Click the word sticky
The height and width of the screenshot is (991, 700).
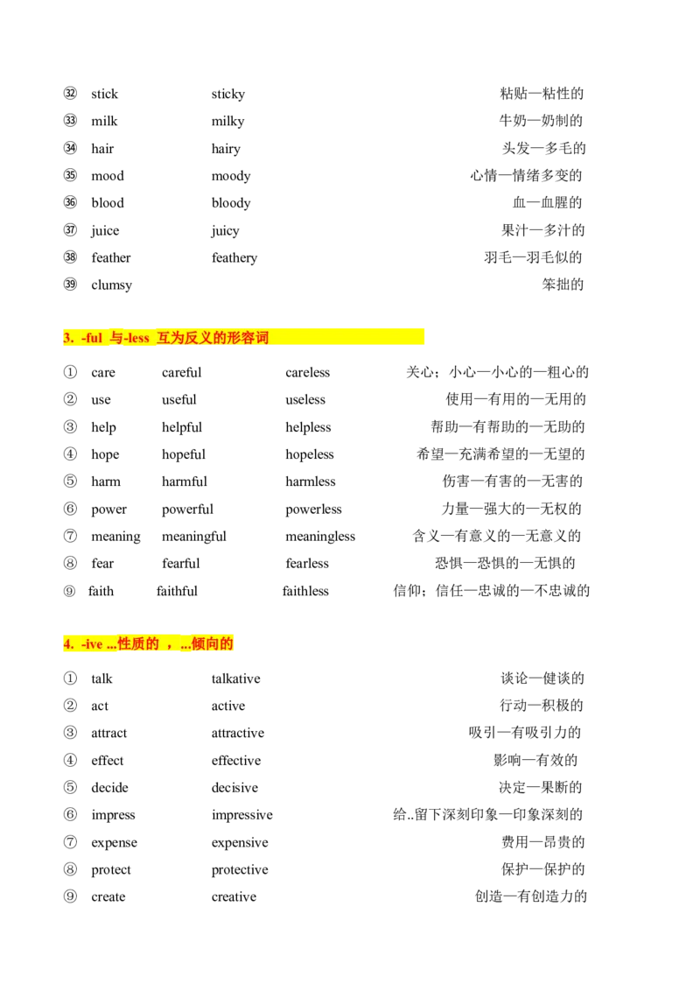(228, 95)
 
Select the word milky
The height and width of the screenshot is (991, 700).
(228, 122)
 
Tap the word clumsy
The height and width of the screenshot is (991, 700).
(112, 285)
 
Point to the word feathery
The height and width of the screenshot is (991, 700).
(234, 258)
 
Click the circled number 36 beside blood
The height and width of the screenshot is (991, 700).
(70, 202)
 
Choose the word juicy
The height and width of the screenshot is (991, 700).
(226, 231)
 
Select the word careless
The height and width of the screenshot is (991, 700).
(308, 372)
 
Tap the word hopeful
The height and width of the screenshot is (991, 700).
(184, 454)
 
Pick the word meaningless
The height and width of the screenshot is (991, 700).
(320, 537)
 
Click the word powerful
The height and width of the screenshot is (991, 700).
(187, 510)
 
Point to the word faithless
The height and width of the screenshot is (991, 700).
(305, 591)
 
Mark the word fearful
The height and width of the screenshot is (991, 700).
(180, 563)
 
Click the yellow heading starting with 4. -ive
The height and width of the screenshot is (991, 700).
(149, 643)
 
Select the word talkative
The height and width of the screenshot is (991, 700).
(235, 678)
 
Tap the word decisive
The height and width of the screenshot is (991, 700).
(234, 788)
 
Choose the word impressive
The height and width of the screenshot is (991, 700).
(242, 815)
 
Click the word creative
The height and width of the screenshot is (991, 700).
(234, 896)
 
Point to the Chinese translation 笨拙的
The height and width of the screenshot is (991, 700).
(563, 285)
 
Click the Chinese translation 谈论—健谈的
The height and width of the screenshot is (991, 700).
(542, 678)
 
